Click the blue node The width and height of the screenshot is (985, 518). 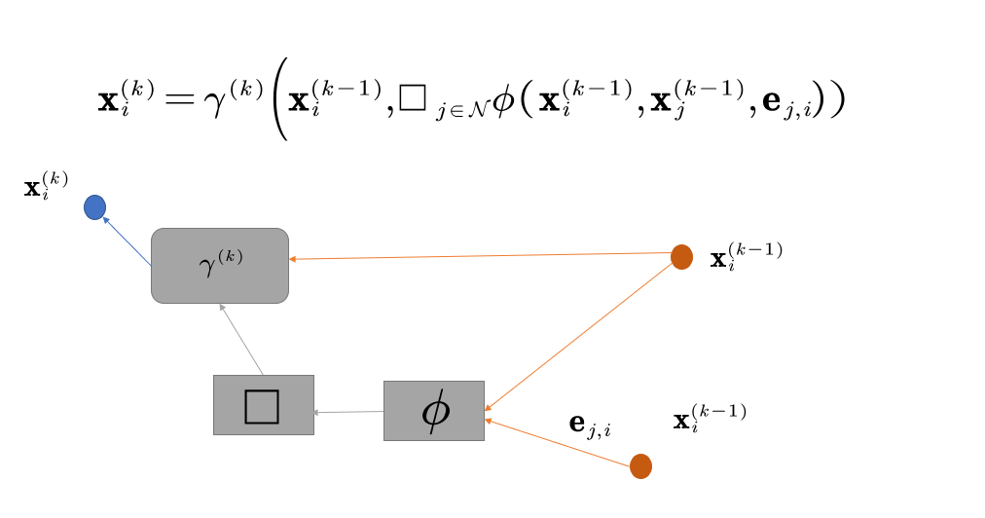coord(94,207)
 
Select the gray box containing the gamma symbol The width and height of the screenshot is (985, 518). coord(220,265)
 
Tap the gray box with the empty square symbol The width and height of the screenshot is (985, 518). coord(264,404)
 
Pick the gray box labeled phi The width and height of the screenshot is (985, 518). coord(434,411)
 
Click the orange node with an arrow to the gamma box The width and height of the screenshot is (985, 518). coord(681,257)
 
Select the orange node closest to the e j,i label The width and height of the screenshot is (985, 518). coord(640,466)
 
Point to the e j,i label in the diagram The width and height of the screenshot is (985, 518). coord(589,425)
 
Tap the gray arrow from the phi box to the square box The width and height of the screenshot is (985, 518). coord(348,413)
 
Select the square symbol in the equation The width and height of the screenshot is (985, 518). coord(412,100)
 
